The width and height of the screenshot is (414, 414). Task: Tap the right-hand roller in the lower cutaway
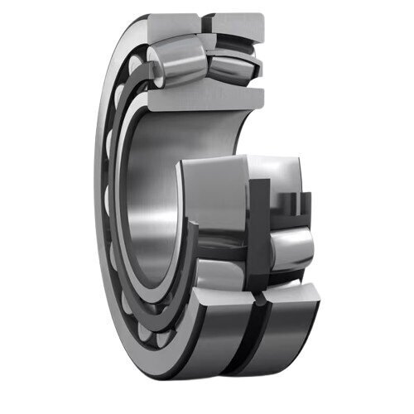point(290,248)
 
